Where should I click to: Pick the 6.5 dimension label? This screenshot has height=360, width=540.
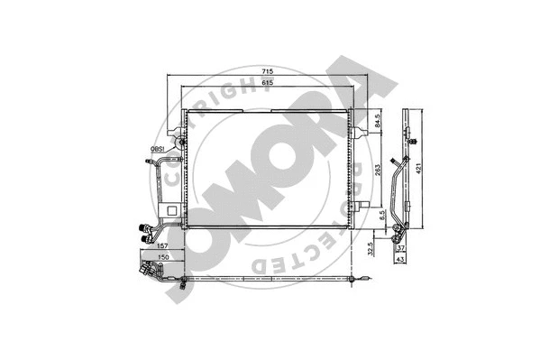coord(381,216)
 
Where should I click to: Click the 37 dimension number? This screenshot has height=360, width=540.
coord(401,249)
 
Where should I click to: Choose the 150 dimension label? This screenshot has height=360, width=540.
coord(162,257)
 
